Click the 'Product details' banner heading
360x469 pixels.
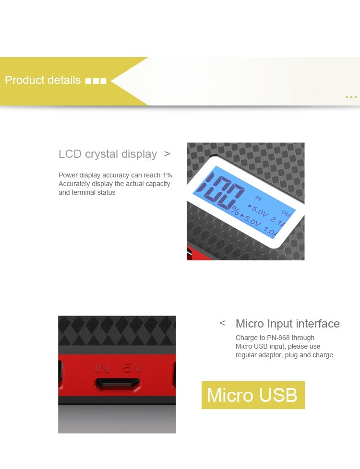[43, 80]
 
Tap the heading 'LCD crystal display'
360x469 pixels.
[108, 154]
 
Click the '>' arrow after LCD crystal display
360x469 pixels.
[167, 154]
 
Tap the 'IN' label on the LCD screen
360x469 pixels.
[258, 198]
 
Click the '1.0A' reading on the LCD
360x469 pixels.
[271, 231]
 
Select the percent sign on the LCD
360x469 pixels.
[235, 211]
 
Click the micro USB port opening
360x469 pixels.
[117, 384]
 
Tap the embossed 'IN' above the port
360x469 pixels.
[102, 368]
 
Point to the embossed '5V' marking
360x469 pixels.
[133, 368]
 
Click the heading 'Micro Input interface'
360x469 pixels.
[288, 324]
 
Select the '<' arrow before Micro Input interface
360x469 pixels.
[222, 323]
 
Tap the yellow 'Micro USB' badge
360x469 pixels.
[253, 395]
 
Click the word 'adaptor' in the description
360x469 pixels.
[268, 355]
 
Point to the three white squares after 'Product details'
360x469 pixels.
[96, 81]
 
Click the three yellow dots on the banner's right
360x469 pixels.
[351, 97]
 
